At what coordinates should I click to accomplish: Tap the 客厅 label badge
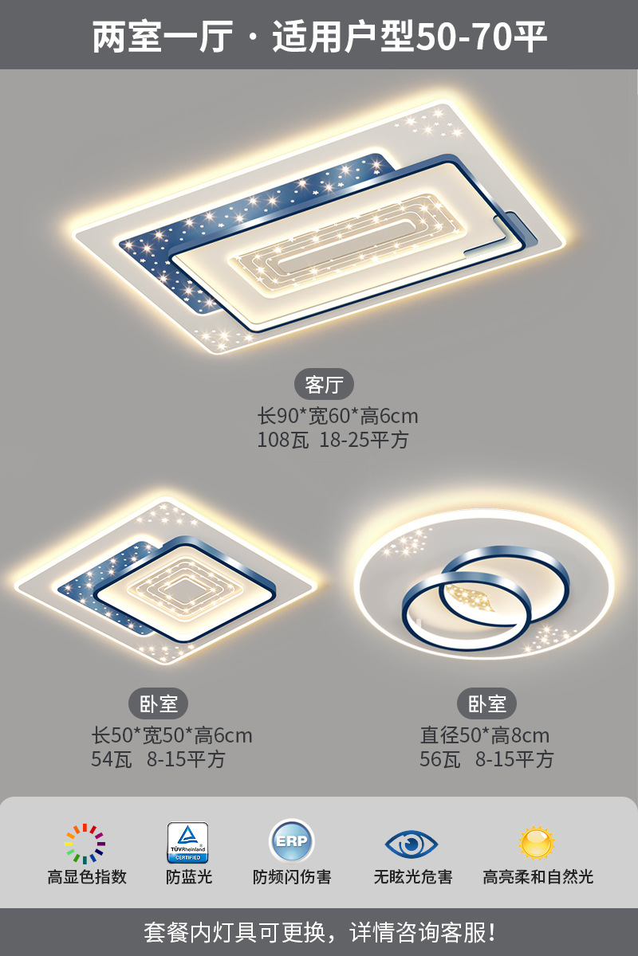pyautogui.click(x=324, y=385)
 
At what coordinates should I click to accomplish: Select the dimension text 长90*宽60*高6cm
pyautogui.click(x=337, y=416)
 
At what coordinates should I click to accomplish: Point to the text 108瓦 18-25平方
pyautogui.click(x=333, y=440)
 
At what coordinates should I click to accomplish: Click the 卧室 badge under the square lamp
pyautogui.click(x=158, y=703)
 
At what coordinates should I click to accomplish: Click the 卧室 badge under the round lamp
pyautogui.click(x=486, y=703)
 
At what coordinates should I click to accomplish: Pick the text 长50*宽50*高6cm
pyautogui.click(x=172, y=735)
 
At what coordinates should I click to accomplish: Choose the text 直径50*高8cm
pyautogui.click(x=485, y=735)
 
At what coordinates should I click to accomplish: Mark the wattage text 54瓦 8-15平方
pyautogui.click(x=158, y=759)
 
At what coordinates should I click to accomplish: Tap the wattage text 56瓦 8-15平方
pyautogui.click(x=486, y=759)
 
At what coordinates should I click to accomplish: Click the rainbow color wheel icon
pyautogui.click(x=85, y=844)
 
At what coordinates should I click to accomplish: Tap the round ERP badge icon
pyautogui.click(x=291, y=841)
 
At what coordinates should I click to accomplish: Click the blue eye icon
pyautogui.click(x=412, y=843)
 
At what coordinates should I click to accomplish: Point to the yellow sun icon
pyautogui.click(x=537, y=842)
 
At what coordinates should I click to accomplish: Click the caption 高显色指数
pyautogui.click(x=87, y=877)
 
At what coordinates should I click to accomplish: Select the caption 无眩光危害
pyautogui.click(x=413, y=877)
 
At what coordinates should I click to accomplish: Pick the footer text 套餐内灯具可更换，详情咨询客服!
pyautogui.click(x=319, y=931)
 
